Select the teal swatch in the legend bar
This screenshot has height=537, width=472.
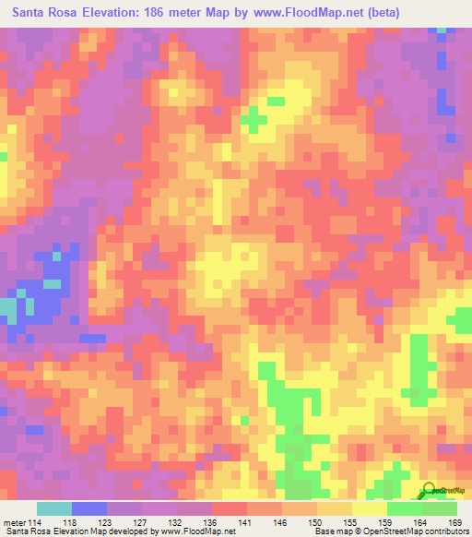(x=54, y=507)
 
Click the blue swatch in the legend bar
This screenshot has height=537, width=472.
(x=89, y=507)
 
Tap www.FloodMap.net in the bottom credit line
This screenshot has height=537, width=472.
(x=193, y=531)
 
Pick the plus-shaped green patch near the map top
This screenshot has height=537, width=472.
(x=253, y=118)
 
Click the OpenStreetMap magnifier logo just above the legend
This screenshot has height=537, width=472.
(x=431, y=492)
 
